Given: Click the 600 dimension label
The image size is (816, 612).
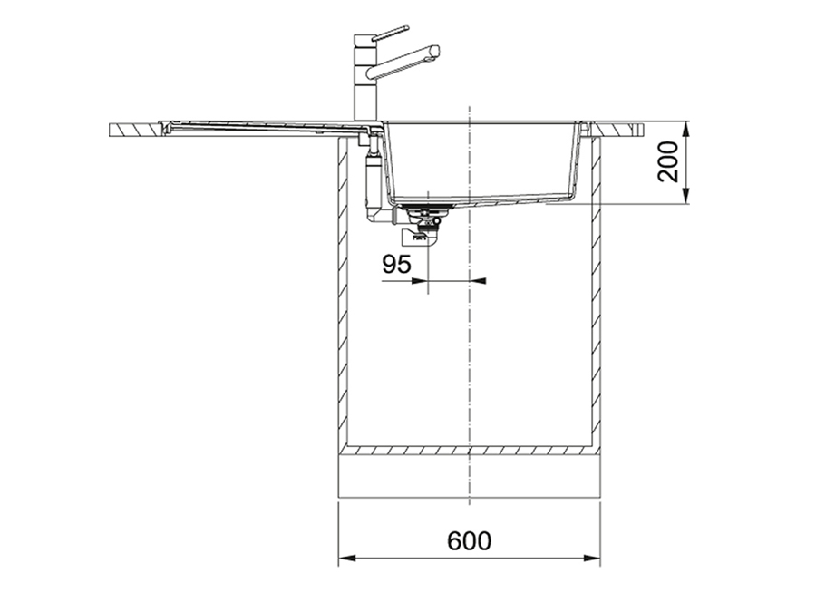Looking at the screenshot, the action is click(x=469, y=541).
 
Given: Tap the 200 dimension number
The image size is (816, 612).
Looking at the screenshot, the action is click(x=669, y=161).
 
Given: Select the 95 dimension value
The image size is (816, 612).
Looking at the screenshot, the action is click(x=396, y=264).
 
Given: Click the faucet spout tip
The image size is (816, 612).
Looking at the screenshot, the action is click(x=435, y=52).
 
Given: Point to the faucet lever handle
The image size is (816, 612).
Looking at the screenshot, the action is click(x=391, y=33).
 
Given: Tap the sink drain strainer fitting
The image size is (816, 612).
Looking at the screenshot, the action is click(x=424, y=212).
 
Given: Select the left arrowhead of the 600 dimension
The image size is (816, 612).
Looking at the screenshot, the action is click(x=347, y=559).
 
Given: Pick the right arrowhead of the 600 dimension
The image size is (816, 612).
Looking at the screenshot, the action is click(x=592, y=559).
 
